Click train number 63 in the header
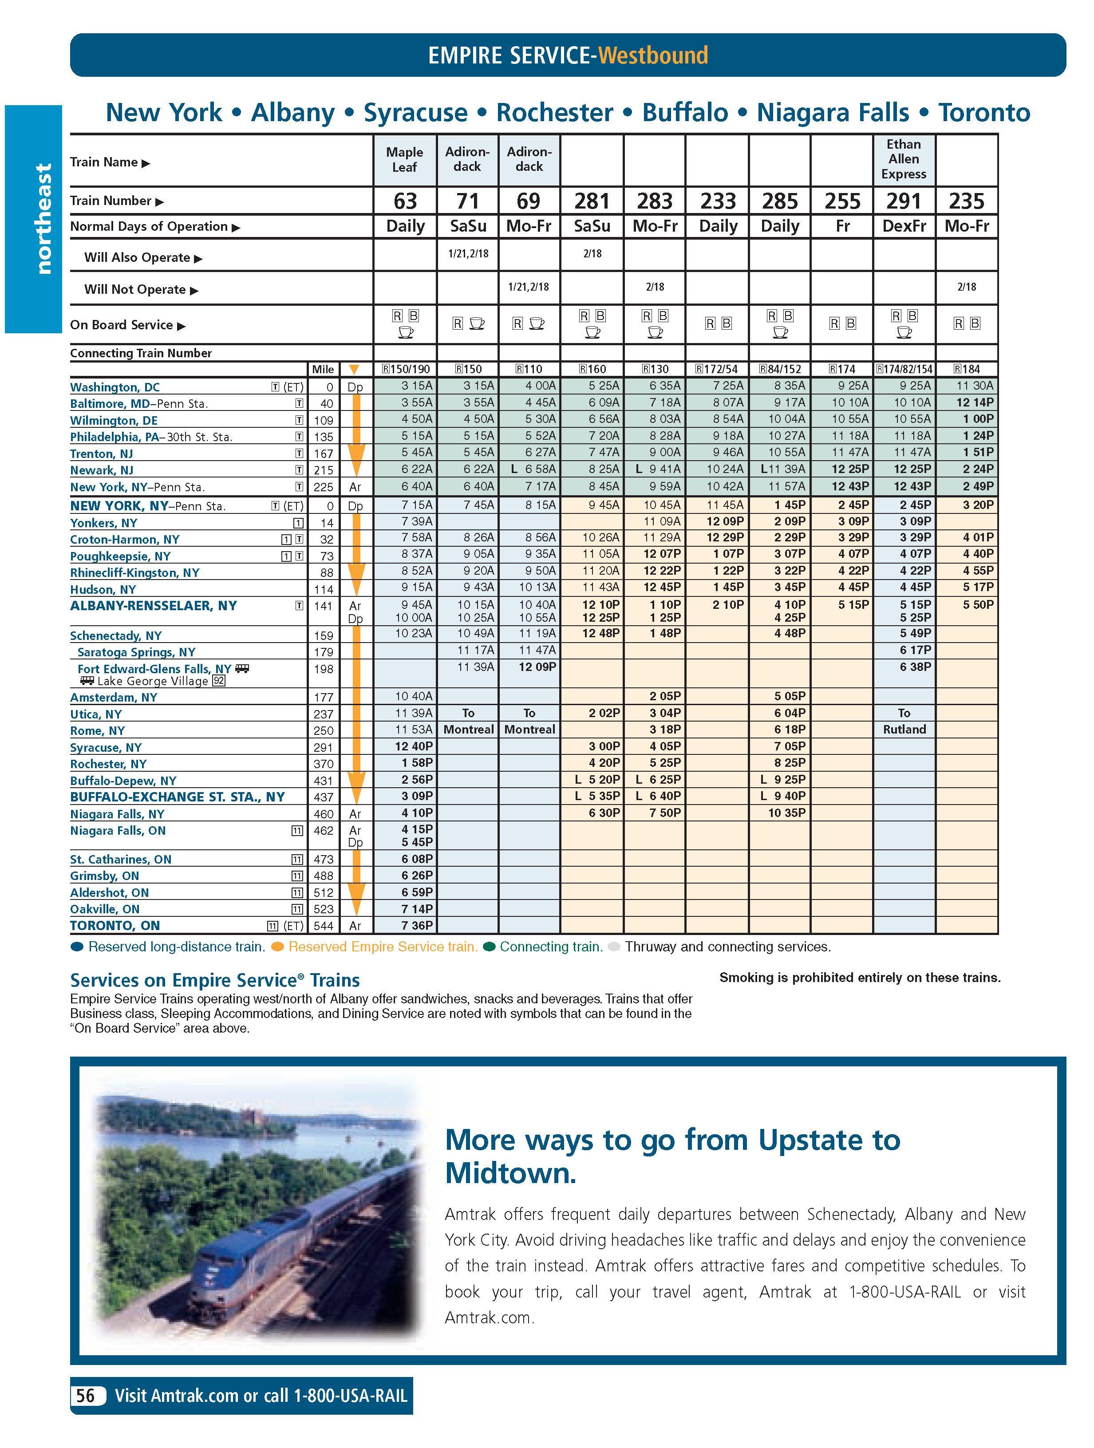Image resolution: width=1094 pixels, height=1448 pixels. click(x=405, y=201)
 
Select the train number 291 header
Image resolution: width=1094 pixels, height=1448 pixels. click(x=904, y=201)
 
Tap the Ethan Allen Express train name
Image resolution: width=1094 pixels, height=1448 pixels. click(x=904, y=159)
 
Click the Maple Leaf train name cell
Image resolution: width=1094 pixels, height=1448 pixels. click(x=405, y=159)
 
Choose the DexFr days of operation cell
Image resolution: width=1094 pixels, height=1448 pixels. click(x=904, y=226)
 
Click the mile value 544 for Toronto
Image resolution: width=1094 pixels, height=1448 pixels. click(x=324, y=926)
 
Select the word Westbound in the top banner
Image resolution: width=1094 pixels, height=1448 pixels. click(x=653, y=55)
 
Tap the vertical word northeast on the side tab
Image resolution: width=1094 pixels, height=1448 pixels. click(x=43, y=219)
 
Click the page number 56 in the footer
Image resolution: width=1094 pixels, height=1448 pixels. click(x=86, y=1395)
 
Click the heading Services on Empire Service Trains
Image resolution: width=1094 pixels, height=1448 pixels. click(x=215, y=980)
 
